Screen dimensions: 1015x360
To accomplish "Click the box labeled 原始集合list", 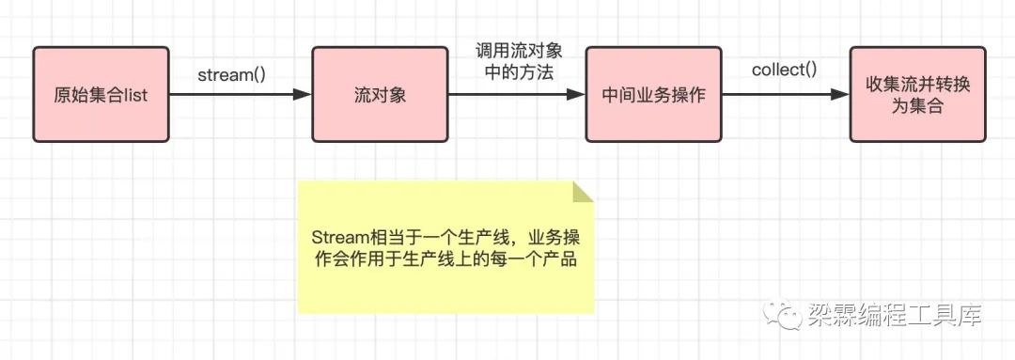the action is click(x=101, y=95).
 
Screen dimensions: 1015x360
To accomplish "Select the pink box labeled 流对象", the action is click(x=380, y=95).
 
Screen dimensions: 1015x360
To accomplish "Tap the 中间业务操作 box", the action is click(x=654, y=95).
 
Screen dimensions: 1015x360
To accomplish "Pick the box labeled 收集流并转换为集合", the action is click(x=918, y=95).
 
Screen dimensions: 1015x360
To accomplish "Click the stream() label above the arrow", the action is click(x=232, y=75).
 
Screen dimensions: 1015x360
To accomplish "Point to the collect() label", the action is click(x=785, y=70).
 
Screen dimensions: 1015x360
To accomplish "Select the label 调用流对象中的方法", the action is click(x=519, y=62).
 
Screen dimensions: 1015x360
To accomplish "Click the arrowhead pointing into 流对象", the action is click(x=303, y=95).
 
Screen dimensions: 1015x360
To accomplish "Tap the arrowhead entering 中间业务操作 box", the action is click(x=576, y=95).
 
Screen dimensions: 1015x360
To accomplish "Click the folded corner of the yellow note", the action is click(x=582, y=193).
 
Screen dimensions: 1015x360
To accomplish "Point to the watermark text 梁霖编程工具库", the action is click(x=896, y=315).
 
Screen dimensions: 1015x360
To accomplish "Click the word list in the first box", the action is click(x=136, y=95).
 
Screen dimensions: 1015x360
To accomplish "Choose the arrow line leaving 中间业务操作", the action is click(x=786, y=95).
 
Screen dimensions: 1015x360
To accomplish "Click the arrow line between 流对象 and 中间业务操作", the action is click(x=517, y=95).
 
